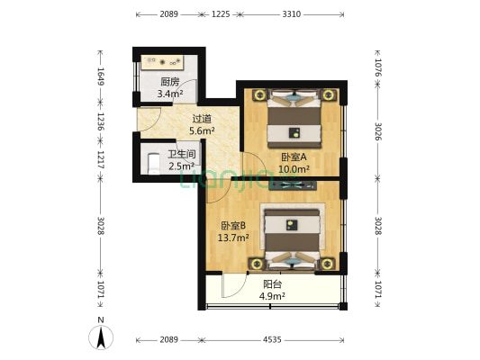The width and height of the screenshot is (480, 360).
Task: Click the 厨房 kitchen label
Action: [169, 81]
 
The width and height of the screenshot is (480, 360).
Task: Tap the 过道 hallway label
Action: [202, 118]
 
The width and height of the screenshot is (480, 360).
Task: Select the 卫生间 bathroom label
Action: [181, 154]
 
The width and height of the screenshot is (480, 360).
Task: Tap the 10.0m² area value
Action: [294, 168]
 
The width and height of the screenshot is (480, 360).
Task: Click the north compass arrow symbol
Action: [102, 337]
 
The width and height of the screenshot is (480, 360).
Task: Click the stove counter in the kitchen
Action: [165, 62]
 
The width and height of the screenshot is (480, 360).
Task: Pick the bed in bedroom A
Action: [294, 118]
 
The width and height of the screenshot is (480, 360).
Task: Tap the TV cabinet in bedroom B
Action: [287, 185]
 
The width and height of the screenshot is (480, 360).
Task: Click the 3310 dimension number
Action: [291, 14]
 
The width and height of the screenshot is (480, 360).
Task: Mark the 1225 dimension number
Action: [221, 14]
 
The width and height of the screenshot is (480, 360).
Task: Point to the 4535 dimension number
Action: [271, 340]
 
